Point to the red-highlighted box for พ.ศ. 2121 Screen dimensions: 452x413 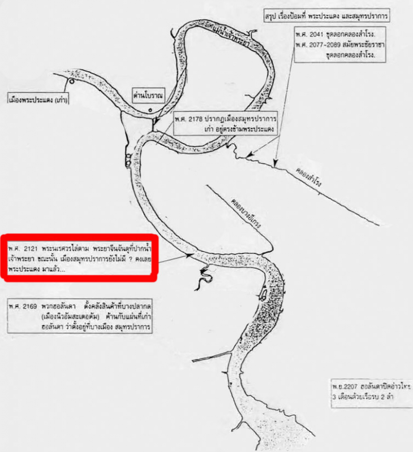coord(79,257)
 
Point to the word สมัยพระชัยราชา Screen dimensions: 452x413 coord(368,44)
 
